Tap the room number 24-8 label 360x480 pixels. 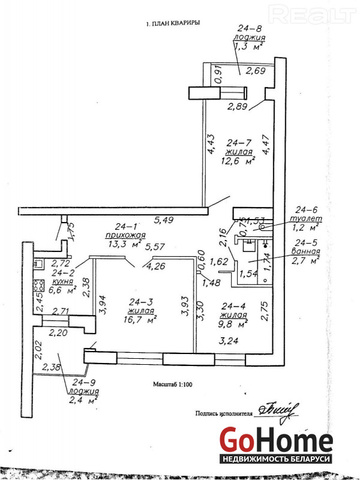[250, 28]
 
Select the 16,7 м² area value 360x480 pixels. [142, 319]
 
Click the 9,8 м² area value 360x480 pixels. [235, 324]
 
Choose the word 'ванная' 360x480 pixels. [305, 251]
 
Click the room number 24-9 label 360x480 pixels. [85, 381]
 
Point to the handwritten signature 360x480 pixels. [276, 411]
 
